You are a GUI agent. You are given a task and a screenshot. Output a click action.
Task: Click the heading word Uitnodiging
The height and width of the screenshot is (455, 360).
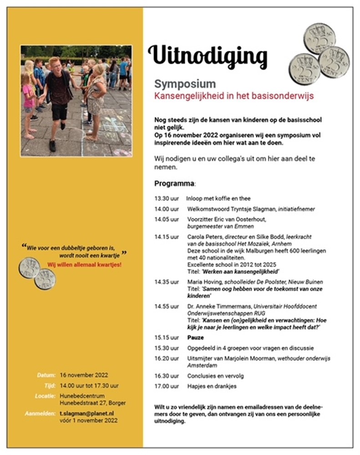pyautogui.click(x=208, y=56)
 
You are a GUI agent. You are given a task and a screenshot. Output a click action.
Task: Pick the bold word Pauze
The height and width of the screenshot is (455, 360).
pyautogui.click(x=196, y=339)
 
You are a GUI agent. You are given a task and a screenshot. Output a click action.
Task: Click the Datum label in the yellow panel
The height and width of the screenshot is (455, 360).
pyautogui.click(x=46, y=375)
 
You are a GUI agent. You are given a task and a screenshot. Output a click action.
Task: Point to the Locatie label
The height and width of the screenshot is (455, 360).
pyautogui.click(x=45, y=396)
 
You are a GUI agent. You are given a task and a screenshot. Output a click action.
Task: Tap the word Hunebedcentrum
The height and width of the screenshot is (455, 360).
pyautogui.click(x=82, y=396)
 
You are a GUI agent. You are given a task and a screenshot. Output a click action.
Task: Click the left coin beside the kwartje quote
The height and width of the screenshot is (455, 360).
pyautogui.click(x=30, y=268)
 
